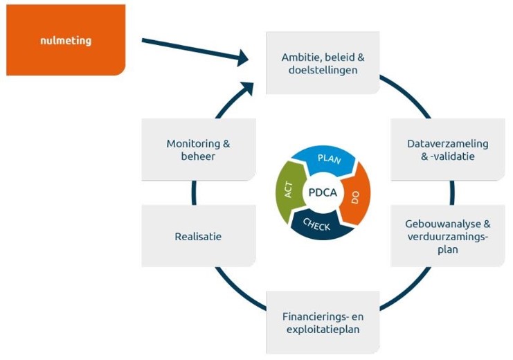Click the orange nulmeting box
66,39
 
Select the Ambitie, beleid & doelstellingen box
323,63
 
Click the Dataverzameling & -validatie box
447,150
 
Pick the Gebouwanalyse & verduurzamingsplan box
447,236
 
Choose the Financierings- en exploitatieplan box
323,323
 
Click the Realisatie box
198,236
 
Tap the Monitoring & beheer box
198,150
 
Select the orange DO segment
355,197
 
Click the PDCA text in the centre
323,193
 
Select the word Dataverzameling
447,143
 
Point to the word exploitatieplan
323,330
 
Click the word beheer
198,156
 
